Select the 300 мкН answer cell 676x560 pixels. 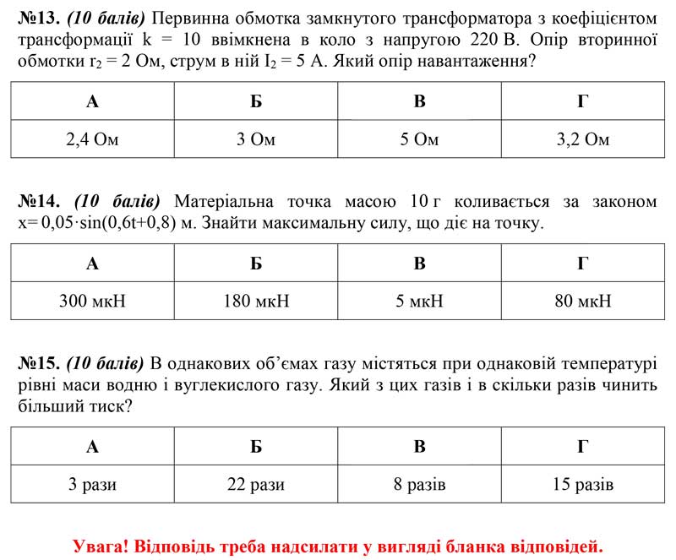92,301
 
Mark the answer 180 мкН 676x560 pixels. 256,301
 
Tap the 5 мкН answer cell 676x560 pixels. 419,301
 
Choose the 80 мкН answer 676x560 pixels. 582,301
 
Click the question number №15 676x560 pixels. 38,365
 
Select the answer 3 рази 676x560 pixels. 92,485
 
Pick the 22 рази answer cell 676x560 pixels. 256,485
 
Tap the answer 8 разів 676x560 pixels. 419,485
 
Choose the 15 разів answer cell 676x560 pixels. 582,485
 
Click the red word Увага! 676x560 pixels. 100,546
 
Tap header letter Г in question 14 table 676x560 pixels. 582,263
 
